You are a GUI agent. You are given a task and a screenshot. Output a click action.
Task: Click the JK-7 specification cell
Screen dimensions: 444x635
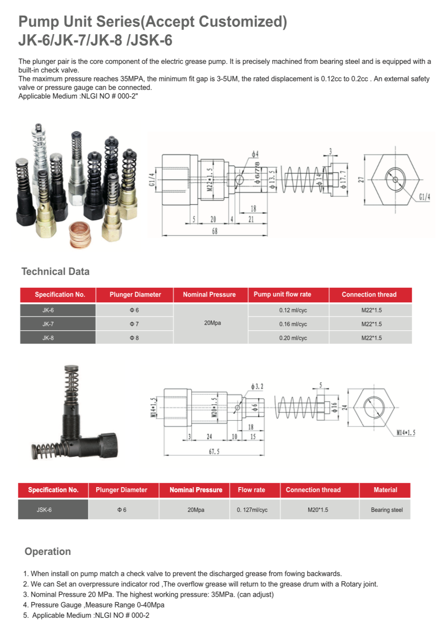tap(58, 324)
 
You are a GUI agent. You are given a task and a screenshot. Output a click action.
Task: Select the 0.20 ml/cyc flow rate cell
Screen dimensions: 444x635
tap(288, 337)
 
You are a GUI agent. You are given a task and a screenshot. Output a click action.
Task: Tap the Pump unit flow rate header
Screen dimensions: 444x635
tap(288, 295)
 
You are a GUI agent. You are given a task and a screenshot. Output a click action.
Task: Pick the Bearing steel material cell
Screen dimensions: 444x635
tap(385, 510)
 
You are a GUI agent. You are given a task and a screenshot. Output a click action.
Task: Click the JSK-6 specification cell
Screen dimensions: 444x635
tap(53, 510)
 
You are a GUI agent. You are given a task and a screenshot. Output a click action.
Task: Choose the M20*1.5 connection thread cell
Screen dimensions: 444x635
tap(320, 510)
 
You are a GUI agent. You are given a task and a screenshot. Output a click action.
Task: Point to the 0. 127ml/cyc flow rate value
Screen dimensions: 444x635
tap(252, 510)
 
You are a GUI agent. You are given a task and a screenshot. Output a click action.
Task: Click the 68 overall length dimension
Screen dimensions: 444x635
tap(214, 231)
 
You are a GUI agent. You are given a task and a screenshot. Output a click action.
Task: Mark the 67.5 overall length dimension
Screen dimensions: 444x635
tap(214, 451)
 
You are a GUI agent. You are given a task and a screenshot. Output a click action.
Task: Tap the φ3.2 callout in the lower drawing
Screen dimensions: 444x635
tap(257, 386)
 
